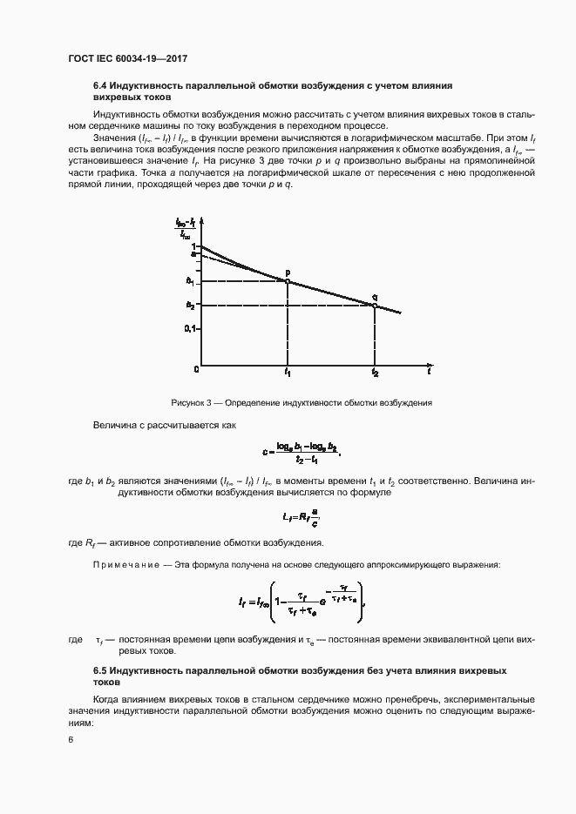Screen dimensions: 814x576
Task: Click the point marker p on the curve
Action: (288, 280)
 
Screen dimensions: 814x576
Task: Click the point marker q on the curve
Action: (374, 305)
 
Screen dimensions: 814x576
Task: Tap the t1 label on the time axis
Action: (288, 373)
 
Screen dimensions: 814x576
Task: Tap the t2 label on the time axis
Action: (375, 373)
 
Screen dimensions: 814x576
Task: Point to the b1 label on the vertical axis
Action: (190, 280)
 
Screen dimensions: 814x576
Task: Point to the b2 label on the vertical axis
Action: (190, 305)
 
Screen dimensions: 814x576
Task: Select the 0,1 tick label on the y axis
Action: (192, 329)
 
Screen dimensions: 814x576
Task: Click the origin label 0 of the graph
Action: (197, 370)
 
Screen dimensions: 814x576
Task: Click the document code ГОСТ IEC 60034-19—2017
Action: (128, 58)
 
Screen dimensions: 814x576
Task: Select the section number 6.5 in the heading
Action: (101, 670)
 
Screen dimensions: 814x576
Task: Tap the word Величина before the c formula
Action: (114, 425)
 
